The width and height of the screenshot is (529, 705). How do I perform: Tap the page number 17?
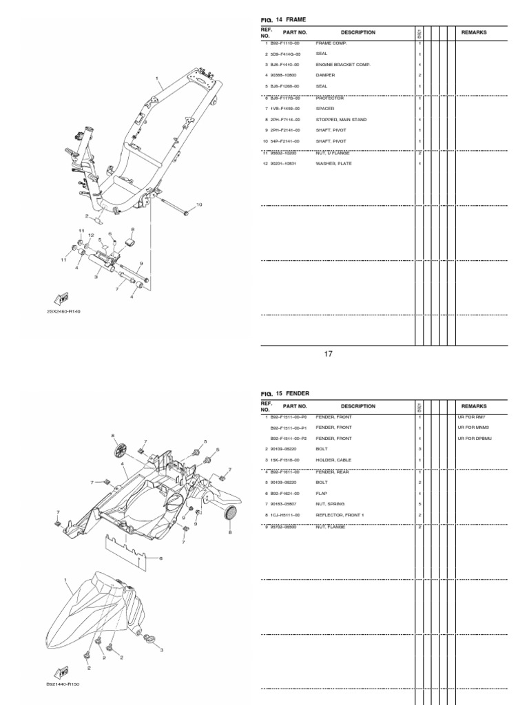tap(329, 354)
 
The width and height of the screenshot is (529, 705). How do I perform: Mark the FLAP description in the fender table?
tap(322, 494)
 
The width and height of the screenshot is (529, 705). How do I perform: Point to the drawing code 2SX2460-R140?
tap(64, 311)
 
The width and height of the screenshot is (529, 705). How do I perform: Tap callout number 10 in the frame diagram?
tap(200, 204)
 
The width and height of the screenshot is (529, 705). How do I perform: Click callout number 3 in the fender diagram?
tap(161, 649)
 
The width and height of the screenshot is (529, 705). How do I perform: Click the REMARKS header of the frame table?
tap(474, 32)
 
